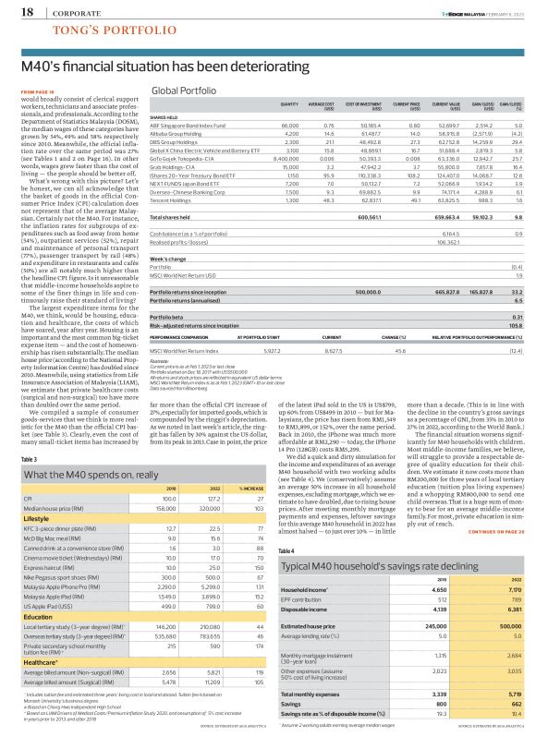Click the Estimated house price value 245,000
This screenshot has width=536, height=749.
[x=433, y=625]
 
